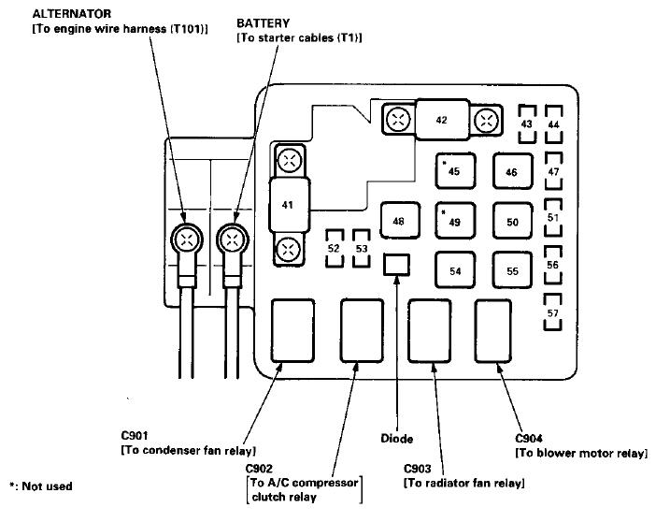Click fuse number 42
(x=442, y=120)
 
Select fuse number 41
(x=289, y=205)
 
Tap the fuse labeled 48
(x=400, y=221)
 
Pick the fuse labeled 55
(x=512, y=270)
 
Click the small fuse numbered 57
(x=552, y=312)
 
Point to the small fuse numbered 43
(x=527, y=124)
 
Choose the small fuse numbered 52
(x=335, y=249)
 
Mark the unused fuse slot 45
(x=455, y=170)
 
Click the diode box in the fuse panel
(x=396, y=265)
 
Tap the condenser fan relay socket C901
(x=292, y=331)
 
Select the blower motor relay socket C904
(x=493, y=331)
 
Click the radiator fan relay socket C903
(x=430, y=331)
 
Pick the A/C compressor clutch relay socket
(x=362, y=331)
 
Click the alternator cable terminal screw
(x=187, y=239)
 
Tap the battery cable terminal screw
(x=233, y=239)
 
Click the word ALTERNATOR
(x=72, y=14)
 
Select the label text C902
(x=259, y=468)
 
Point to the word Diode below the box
(x=396, y=439)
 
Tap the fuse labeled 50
(x=512, y=221)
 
